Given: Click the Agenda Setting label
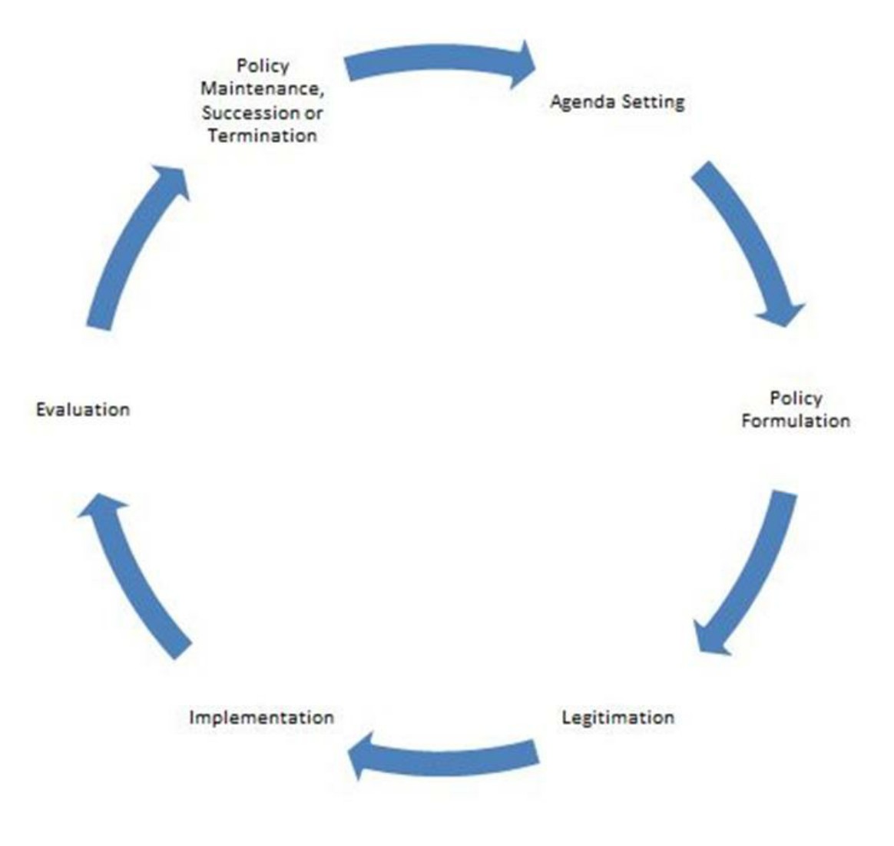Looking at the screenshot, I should point(617,102).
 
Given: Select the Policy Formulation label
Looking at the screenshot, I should point(796,409).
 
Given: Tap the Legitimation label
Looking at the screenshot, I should point(618,718).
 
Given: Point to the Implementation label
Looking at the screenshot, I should point(261,718).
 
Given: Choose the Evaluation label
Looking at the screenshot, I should point(83,409).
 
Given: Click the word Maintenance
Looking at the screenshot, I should point(261,89).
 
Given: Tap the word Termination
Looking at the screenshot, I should point(262,136).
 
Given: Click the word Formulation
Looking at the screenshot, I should point(796,421).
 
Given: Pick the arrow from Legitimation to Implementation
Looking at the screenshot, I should point(445,756).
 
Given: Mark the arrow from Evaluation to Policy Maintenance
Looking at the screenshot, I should point(134,246).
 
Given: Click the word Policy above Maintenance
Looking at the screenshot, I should point(262,66).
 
